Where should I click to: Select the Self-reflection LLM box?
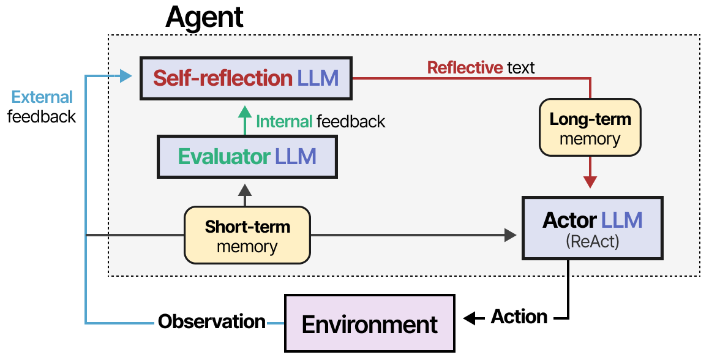246,78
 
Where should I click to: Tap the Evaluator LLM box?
247,157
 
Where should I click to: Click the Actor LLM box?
593,227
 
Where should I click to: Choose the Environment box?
370,324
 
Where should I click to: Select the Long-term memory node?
590,129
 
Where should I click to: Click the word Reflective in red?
465,67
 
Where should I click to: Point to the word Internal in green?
284,122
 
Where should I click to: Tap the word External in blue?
42,97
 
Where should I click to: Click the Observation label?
212,321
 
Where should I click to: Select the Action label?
519,317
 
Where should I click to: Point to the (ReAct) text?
593,242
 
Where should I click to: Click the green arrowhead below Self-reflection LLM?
245,111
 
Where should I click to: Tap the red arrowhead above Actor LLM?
590,182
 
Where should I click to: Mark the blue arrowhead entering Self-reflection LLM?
126,77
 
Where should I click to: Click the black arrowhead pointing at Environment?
470,318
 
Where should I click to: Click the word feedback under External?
42,116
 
